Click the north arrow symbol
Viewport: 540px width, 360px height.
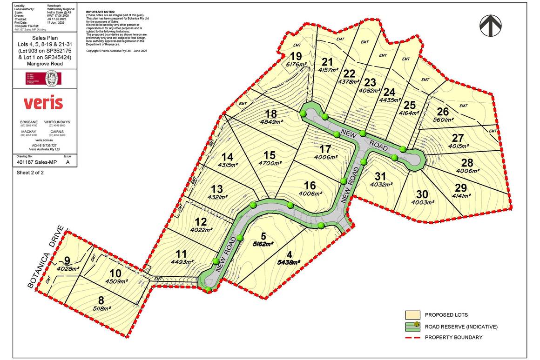490,26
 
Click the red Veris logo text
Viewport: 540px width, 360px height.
43,102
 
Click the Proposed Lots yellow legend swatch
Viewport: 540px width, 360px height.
412,315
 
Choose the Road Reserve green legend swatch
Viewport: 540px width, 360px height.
412,326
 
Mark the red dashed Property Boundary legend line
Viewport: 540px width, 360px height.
412,337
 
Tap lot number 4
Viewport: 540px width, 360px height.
290,254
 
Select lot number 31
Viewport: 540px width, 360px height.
381,176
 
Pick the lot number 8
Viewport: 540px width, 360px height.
101,300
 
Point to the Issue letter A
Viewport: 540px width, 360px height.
68,162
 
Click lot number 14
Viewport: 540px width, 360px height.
227,157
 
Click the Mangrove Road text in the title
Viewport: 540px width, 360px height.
44,64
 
